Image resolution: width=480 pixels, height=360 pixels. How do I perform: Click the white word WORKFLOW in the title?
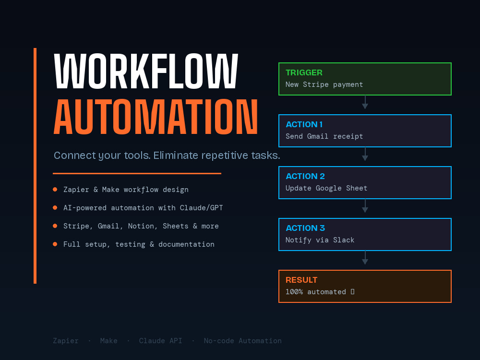[146, 71]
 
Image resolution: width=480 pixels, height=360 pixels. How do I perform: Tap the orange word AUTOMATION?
[156, 117]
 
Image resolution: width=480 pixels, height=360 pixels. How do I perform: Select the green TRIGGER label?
[304, 72]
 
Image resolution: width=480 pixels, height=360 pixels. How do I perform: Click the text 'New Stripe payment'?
[324, 84]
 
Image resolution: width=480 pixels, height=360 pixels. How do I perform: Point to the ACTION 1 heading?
[304, 124]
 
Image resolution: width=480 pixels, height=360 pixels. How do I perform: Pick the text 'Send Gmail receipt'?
[324, 136]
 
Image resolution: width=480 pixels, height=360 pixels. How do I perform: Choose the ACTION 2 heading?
[305, 176]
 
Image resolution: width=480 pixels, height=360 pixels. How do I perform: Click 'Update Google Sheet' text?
[326, 188]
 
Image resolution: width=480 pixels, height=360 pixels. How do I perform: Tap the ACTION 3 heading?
[305, 228]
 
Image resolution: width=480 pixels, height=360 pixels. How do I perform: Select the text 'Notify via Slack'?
[320, 240]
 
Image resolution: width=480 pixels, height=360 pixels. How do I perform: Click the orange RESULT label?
[301, 280]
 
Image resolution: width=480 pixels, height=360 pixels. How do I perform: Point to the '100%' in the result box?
[294, 292]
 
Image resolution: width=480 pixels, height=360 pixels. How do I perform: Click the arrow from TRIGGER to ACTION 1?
[365, 102]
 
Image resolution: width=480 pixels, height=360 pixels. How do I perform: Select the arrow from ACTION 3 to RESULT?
[365, 257]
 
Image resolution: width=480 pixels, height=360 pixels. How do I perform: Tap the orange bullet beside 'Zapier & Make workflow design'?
[55, 190]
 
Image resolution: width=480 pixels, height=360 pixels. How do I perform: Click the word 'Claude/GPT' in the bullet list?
[202, 208]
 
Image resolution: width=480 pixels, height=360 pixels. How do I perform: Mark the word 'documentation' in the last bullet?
[186, 244]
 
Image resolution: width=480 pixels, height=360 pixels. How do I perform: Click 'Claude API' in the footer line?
[160, 341]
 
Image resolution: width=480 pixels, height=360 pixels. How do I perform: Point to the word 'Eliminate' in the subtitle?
[176, 155]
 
